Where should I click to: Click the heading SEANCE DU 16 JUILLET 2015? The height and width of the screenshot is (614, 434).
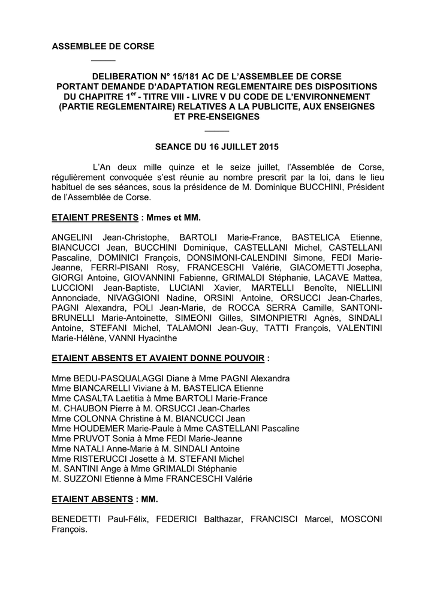(216, 147)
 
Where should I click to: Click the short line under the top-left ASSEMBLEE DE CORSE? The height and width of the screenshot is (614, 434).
(103, 61)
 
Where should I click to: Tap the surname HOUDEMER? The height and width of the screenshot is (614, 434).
(98, 429)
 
